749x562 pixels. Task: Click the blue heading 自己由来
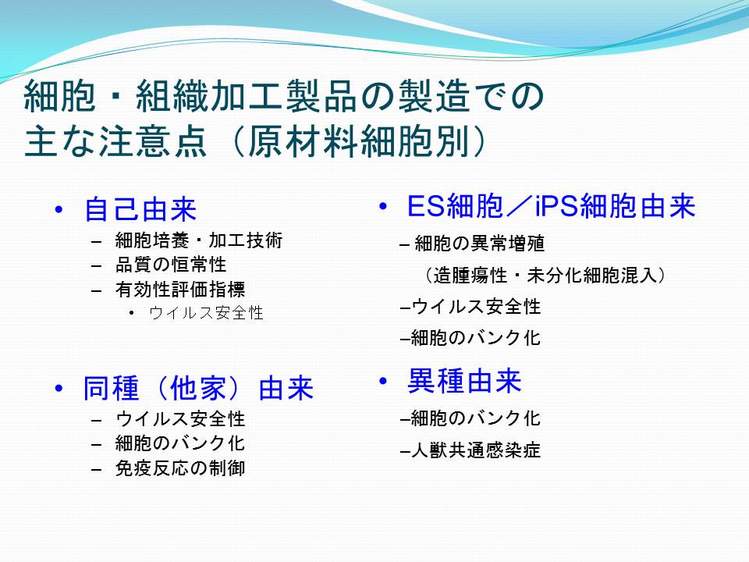coord(140,209)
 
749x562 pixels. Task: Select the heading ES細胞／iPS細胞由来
coord(552,206)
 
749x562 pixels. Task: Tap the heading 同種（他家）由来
coord(198,388)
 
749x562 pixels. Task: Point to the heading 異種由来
coord(464,381)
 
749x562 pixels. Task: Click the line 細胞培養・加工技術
coord(199,240)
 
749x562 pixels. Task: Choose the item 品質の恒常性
coord(171,265)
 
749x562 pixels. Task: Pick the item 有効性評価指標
coord(180,289)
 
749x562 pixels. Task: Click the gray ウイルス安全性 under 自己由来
coord(206,313)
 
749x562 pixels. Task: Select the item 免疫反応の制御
coord(180,468)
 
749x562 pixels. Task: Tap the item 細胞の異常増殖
coord(480,244)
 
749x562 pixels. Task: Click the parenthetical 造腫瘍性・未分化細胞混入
coord(544,276)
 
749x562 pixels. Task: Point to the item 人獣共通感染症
coord(476,450)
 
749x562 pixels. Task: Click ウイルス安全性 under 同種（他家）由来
coord(180,419)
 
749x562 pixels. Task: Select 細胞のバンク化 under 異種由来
coord(476,418)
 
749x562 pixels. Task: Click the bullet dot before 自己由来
coord(59,209)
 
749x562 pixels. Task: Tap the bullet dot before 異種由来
coord(382,381)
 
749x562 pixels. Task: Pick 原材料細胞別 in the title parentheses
coord(358,141)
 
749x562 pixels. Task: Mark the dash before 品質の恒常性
coord(97,265)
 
